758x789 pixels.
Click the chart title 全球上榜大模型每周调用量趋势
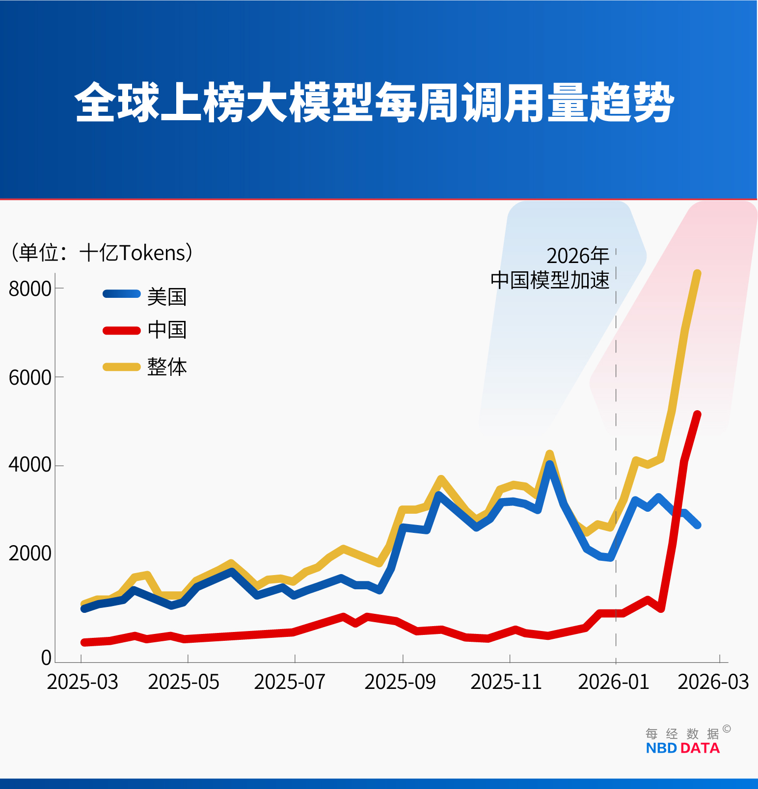[374, 102]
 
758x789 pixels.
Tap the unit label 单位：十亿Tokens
[102, 253]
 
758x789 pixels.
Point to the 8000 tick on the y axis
[30, 289]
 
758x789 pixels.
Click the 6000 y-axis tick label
[30, 378]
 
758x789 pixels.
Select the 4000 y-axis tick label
[30, 465]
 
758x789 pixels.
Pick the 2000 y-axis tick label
[30, 553]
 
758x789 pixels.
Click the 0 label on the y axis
[46, 658]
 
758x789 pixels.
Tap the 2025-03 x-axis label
[82, 682]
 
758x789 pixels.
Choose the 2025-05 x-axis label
[184, 682]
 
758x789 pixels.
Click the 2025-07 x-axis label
[290, 682]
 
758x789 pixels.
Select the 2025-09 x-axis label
[400, 682]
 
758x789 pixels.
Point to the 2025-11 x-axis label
[506, 682]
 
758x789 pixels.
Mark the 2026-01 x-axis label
[614, 682]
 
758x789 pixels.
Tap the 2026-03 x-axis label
[713, 682]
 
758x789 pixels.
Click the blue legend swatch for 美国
[122, 294]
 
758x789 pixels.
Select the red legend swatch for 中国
[122, 330]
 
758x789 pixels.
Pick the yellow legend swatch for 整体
[122, 367]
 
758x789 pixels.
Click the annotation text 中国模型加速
[550, 280]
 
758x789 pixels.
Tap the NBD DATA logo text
[682, 748]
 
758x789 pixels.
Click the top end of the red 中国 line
[697, 415]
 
